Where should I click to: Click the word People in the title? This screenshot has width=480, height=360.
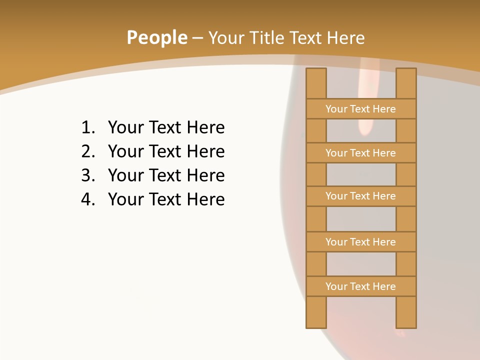[156, 37]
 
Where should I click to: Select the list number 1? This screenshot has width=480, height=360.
[87, 127]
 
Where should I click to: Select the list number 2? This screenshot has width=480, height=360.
[87, 151]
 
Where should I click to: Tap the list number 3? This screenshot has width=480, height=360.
[87, 175]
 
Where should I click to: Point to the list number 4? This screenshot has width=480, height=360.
[87, 199]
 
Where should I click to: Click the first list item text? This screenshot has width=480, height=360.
[166, 127]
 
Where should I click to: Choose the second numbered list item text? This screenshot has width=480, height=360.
[166, 151]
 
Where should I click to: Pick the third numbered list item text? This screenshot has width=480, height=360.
[166, 175]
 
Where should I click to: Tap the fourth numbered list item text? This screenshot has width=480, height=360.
[166, 199]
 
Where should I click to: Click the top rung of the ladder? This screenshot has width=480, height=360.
[361, 109]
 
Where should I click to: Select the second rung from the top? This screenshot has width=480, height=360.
[361, 153]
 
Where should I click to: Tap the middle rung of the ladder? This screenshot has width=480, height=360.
[361, 196]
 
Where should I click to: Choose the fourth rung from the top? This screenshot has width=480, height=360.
[361, 242]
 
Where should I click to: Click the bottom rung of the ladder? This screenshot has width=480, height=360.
[361, 286]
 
